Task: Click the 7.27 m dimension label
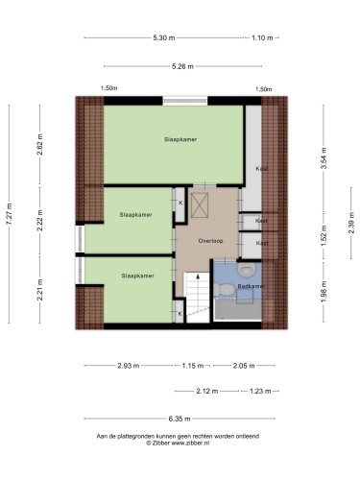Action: pyautogui.click(x=9, y=214)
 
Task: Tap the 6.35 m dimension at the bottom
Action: pyautogui.click(x=180, y=419)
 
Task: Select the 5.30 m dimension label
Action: pyautogui.click(x=164, y=37)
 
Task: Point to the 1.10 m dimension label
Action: pyautogui.click(x=262, y=37)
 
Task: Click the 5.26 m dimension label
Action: pyautogui.click(x=182, y=66)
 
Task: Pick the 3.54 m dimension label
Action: pyautogui.click(x=324, y=158)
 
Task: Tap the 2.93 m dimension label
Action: pyautogui.click(x=129, y=366)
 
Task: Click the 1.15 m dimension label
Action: pyautogui.click(x=193, y=366)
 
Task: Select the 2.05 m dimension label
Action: pyautogui.click(x=244, y=366)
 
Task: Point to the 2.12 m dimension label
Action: pyautogui.click(x=207, y=391)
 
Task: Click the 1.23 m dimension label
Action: pyautogui.click(x=260, y=391)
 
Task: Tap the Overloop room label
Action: pyautogui.click(x=210, y=241)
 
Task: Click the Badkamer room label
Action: pyautogui.click(x=251, y=286)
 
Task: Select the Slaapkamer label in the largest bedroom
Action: pyautogui.click(x=180, y=139)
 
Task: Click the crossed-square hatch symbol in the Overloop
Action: pyautogui.click(x=200, y=205)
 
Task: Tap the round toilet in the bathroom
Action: pyautogui.click(x=247, y=270)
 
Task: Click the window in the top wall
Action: pyautogui.click(x=185, y=101)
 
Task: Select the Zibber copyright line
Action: pyautogui.click(x=178, y=444)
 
